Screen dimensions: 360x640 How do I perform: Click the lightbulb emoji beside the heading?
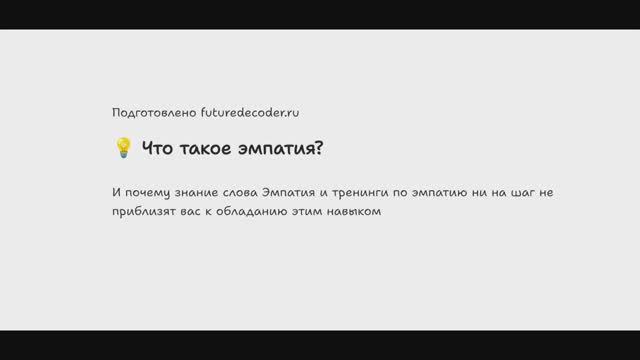pyautogui.click(x=123, y=149)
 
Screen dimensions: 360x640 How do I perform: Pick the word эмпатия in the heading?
pyautogui.click(x=279, y=149)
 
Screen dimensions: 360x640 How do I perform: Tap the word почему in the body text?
pyautogui.click(x=152, y=193)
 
